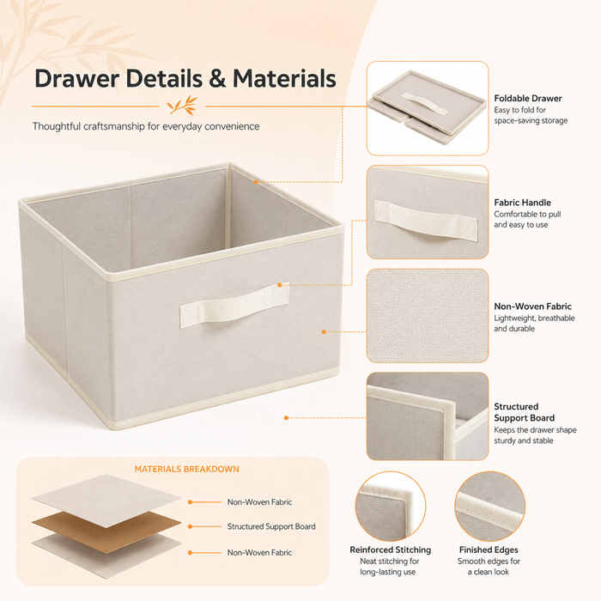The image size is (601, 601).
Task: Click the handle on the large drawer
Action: click(x=234, y=305)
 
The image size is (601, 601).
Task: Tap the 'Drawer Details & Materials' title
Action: click(x=185, y=79)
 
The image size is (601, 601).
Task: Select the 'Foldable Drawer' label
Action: click(x=528, y=99)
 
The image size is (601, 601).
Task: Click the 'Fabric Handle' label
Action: click(x=522, y=203)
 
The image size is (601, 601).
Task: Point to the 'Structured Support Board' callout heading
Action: click(x=524, y=412)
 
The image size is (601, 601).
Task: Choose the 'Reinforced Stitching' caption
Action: click(x=390, y=550)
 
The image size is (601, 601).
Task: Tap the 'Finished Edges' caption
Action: click(x=489, y=550)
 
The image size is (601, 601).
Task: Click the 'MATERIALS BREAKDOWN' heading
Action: click(x=186, y=469)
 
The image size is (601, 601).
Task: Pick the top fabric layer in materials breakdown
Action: click(x=106, y=501)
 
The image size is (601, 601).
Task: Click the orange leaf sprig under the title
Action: click(x=182, y=106)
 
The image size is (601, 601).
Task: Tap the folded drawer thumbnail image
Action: click(x=428, y=108)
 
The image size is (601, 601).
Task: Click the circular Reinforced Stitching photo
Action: click(x=391, y=507)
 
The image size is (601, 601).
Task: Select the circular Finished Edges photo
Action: click(x=490, y=507)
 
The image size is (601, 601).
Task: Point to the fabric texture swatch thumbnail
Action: click(x=428, y=315)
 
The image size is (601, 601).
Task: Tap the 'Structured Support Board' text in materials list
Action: click(x=271, y=526)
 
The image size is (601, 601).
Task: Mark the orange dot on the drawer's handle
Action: click(x=280, y=285)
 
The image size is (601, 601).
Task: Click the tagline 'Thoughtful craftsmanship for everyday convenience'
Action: click(x=146, y=126)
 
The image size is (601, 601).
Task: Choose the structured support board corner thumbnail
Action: click(x=428, y=416)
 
